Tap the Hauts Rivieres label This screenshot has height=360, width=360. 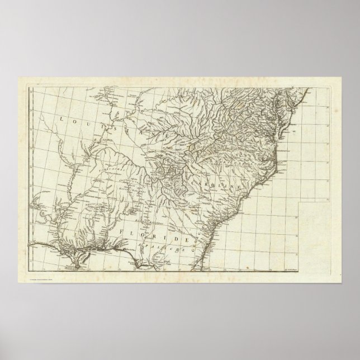click(130, 188)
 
